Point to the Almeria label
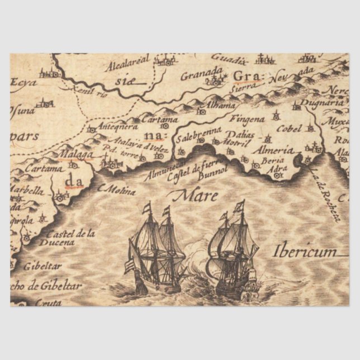(272, 150)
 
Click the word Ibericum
(305, 251)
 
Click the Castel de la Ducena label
(70, 238)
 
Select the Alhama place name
(206, 105)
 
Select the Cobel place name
(289, 127)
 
